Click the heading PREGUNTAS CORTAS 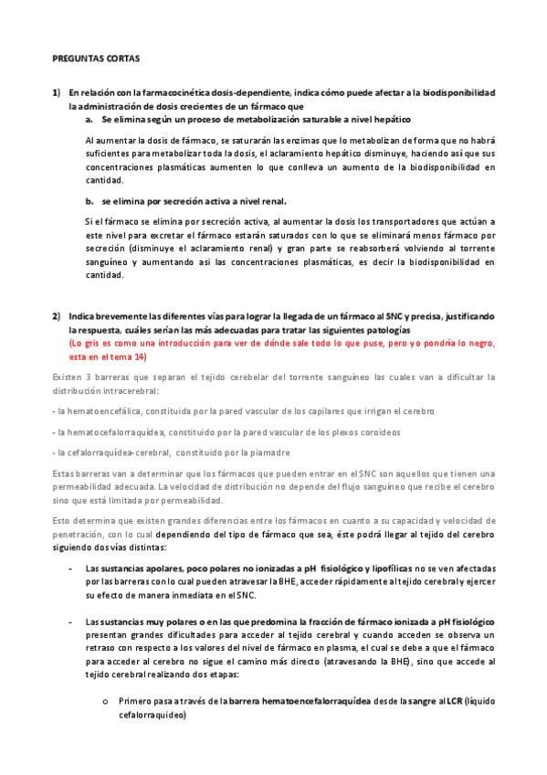95,58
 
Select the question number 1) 56,93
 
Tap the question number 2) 56,316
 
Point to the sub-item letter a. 89,120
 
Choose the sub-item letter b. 89,201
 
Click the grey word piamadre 272,452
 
